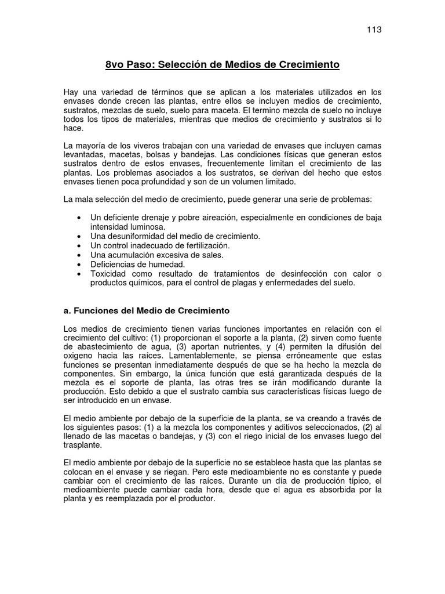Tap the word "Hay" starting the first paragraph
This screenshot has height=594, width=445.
[71, 92]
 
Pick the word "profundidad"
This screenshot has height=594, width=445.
[167, 182]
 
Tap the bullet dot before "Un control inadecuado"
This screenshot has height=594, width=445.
[79, 245]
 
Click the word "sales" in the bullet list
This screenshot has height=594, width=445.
[212, 255]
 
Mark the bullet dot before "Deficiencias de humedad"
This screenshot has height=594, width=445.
[79, 264]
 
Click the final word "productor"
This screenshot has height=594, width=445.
[196, 498]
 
